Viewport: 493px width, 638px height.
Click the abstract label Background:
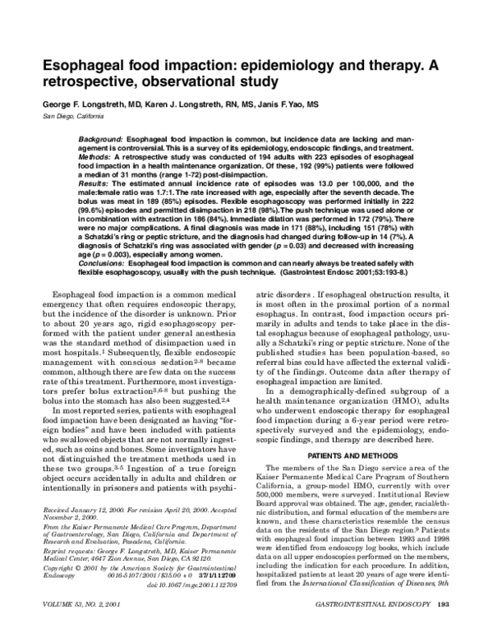(x=94, y=141)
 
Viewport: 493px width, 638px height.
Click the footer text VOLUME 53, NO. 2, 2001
(x=76, y=627)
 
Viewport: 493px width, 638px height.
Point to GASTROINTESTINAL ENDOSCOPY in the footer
(x=380, y=627)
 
